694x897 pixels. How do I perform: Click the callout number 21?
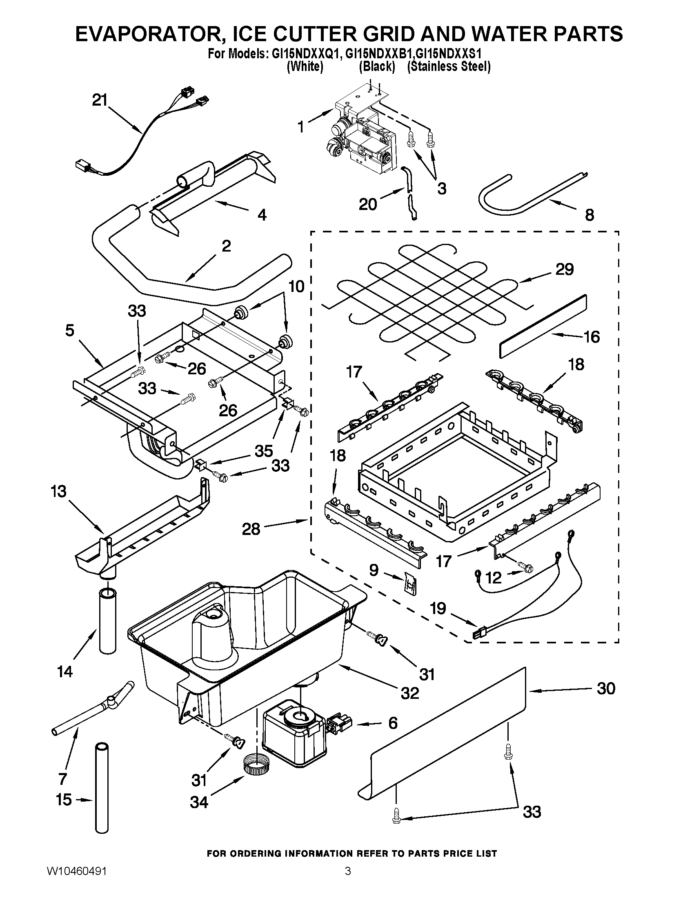click(x=99, y=100)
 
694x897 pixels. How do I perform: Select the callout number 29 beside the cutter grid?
click(x=564, y=270)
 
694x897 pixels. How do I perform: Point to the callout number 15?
click(x=64, y=800)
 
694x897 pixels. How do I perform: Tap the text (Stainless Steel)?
click(x=449, y=66)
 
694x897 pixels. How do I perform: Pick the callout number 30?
click(x=605, y=688)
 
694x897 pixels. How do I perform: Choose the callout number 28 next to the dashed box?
click(x=251, y=529)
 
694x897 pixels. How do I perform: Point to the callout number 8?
click(x=589, y=215)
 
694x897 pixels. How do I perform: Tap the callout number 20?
click(x=367, y=204)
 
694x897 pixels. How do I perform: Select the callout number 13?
click(x=59, y=491)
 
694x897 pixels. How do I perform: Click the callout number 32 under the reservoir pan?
click(x=409, y=693)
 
